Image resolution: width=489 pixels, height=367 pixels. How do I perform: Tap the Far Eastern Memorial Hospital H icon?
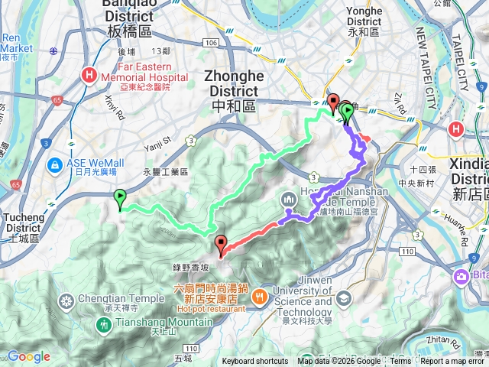(x=90, y=75)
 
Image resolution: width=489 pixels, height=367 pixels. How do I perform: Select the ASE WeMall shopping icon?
(x=57, y=164)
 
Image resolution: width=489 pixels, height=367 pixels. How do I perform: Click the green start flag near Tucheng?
(x=120, y=199)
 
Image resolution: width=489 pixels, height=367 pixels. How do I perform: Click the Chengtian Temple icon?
(x=66, y=300)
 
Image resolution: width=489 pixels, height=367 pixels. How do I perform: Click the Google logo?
(x=28, y=357)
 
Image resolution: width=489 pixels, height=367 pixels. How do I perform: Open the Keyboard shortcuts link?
(x=255, y=362)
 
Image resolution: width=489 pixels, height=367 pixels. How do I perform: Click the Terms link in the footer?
(x=400, y=362)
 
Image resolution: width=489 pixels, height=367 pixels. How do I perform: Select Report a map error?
(x=453, y=362)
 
